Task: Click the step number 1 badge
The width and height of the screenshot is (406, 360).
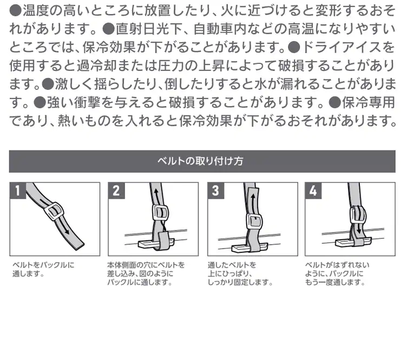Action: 18,191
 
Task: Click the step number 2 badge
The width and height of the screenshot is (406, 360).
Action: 116,191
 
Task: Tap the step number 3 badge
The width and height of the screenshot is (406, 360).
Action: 215,191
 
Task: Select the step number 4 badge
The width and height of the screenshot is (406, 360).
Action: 313,191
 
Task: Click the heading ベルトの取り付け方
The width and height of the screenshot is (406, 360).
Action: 201,161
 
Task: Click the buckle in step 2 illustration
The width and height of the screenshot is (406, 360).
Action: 160,214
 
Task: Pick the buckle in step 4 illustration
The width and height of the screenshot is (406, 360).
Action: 358,214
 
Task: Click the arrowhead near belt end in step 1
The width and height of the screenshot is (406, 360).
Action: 67,231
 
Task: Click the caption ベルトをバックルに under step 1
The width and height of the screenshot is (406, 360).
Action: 43,265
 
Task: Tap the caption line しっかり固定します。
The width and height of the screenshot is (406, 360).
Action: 240,282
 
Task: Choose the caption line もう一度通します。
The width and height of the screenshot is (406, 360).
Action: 335,282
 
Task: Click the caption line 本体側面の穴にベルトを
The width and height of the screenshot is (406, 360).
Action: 146,265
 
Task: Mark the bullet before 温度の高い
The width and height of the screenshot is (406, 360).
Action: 16,11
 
